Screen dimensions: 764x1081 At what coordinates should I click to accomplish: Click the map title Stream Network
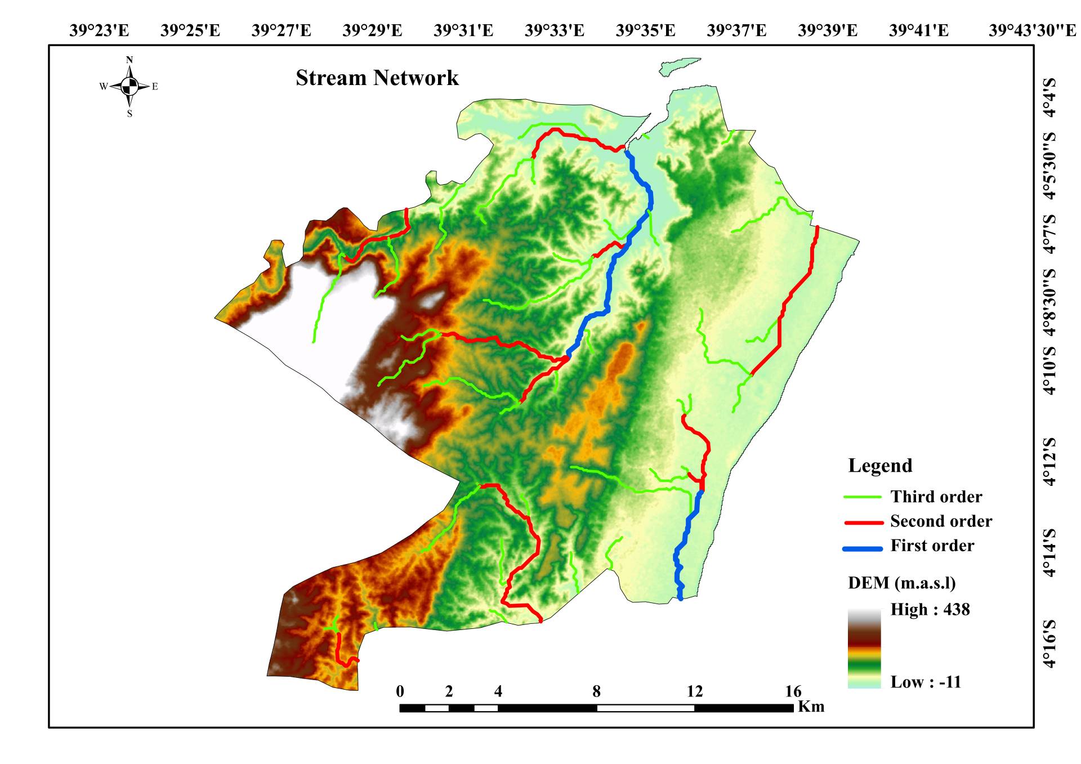pos(377,78)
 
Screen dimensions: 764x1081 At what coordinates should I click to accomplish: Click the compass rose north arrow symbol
pos(129,86)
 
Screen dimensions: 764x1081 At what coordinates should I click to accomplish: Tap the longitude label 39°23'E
pos(99,30)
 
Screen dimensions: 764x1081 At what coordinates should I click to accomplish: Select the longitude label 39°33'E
pos(554,30)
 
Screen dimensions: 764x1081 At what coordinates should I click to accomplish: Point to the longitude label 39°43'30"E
pos(1032,30)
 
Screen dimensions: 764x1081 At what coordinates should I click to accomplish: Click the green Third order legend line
pos(862,497)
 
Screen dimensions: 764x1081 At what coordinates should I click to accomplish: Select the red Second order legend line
pos(864,522)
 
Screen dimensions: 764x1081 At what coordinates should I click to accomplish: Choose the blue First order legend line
pos(862,548)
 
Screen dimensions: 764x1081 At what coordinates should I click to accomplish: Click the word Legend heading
pos(880,466)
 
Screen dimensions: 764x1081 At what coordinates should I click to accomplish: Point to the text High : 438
pos(930,609)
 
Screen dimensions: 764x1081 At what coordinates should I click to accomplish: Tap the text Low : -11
pos(925,682)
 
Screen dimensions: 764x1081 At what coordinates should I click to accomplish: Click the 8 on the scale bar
pos(596,691)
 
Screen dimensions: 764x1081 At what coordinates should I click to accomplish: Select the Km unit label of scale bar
pos(811,706)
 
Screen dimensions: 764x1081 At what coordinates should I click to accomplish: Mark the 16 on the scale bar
pos(793,691)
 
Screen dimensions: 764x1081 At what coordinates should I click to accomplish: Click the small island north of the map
pos(678,66)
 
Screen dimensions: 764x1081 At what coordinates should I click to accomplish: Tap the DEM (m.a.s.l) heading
pos(901,583)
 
